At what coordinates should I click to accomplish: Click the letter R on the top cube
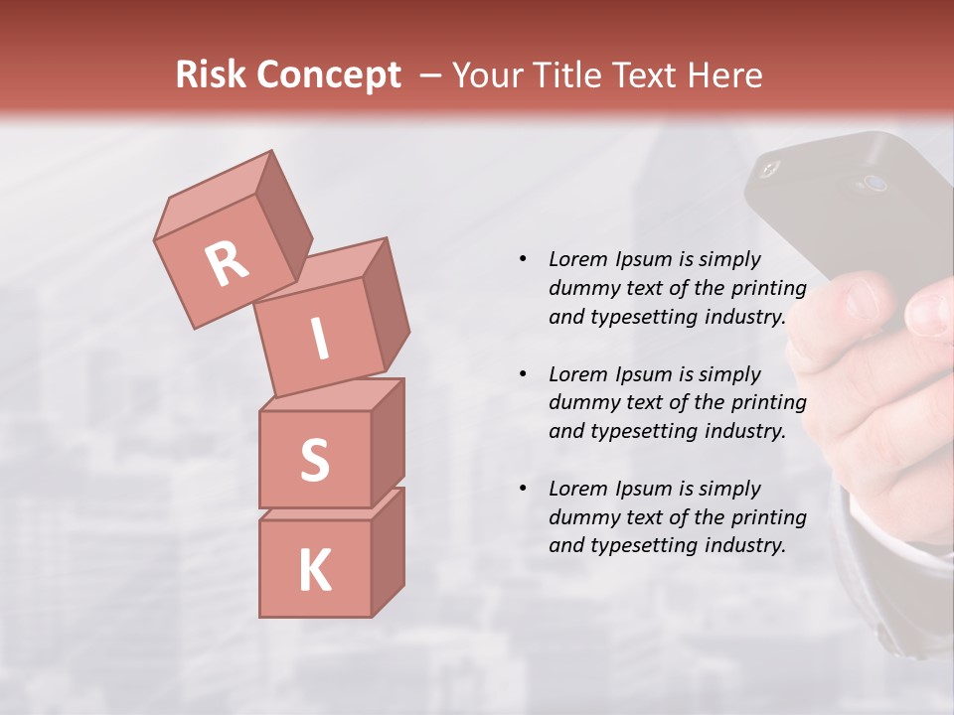tap(227, 264)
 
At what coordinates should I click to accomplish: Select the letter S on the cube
tap(314, 459)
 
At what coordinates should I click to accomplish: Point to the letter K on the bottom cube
tap(314, 571)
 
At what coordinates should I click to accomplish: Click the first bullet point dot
tap(523, 259)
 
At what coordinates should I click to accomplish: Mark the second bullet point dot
tap(523, 374)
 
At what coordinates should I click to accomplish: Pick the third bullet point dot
tap(523, 489)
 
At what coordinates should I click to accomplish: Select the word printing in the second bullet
tap(769, 403)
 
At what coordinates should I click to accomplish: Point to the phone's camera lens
tap(874, 184)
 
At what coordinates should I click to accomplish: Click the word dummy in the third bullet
tap(582, 517)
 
